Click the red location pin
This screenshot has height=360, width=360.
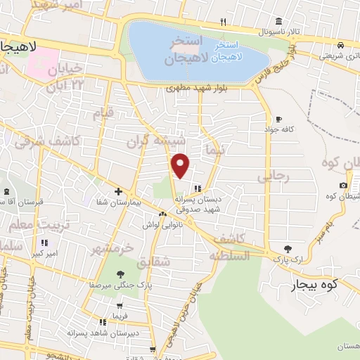[181, 165]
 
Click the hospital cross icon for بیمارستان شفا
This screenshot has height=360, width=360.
[118, 191]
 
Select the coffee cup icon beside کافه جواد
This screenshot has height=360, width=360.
[279, 119]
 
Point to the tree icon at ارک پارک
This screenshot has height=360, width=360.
[288, 248]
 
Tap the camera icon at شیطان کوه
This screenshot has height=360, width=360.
[343, 185]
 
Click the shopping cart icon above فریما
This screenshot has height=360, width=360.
[121, 305]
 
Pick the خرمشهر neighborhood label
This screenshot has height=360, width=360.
[111, 248]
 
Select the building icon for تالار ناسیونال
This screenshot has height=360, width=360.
[279, 20]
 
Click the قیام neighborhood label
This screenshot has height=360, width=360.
[103, 113]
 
